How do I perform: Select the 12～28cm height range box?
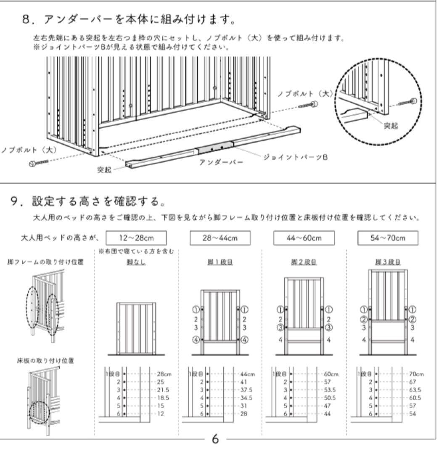136,238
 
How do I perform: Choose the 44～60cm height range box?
304,238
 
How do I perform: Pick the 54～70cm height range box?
388,238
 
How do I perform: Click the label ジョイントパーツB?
295,157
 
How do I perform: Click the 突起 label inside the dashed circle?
391,126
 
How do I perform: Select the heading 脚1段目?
220,262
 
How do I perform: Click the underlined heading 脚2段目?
304,262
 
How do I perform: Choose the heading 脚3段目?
388,262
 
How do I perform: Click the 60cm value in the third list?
331,374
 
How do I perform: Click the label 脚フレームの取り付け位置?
45,262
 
